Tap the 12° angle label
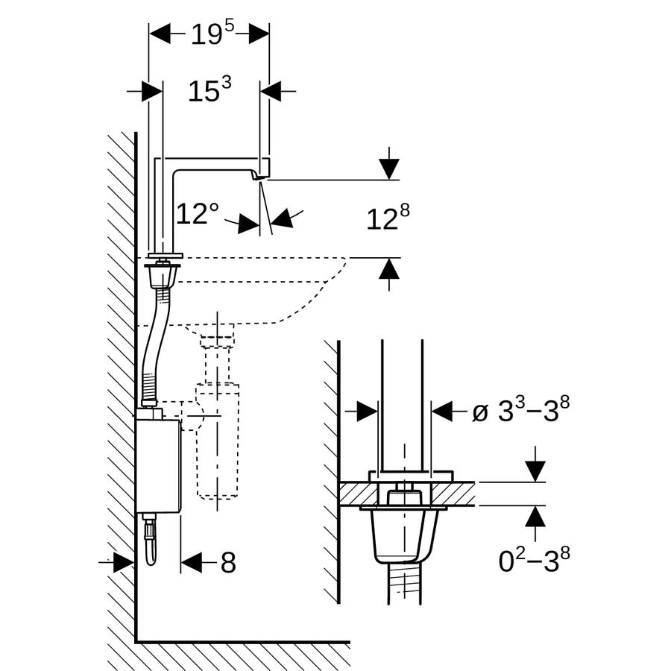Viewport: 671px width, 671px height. (198, 213)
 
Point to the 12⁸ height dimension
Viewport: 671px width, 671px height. (388, 218)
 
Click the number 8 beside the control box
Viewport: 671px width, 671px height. (228, 562)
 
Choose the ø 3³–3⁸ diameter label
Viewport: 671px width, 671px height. (521, 409)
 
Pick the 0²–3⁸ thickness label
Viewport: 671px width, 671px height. (534, 560)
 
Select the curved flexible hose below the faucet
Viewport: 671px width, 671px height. (153, 347)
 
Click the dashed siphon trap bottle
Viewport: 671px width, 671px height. (217, 441)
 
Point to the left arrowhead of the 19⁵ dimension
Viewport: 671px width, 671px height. (160, 34)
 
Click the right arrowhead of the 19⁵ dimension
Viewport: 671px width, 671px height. (259, 34)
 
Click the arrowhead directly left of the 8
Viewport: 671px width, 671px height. (191, 562)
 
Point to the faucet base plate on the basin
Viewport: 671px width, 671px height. (165, 256)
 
